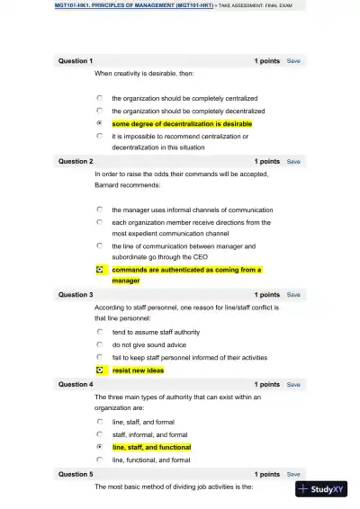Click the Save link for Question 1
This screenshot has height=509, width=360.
pyautogui.click(x=293, y=61)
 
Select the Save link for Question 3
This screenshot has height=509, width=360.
pyautogui.click(x=293, y=295)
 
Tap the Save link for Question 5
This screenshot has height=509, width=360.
pyautogui.click(x=293, y=474)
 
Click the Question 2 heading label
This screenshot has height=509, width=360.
pyautogui.click(x=76, y=162)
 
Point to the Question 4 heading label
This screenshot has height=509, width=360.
pyautogui.click(x=76, y=385)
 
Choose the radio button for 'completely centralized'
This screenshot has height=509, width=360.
pyautogui.click(x=99, y=98)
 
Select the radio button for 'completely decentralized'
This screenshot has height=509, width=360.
pyautogui.click(x=99, y=111)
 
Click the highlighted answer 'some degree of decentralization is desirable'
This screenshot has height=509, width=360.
pyautogui.click(x=182, y=123)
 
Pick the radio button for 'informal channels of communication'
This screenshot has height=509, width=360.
pyautogui.click(x=99, y=210)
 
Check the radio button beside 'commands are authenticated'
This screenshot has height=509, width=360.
pyautogui.click(x=99, y=269)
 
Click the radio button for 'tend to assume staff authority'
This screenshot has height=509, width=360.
pyautogui.click(x=99, y=332)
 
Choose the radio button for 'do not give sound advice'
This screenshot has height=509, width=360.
pyautogui.click(x=99, y=344)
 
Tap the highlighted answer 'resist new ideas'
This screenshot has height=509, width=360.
pyautogui.click(x=138, y=370)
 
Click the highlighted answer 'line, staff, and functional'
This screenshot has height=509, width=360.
pyautogui.click(x=151, y=447)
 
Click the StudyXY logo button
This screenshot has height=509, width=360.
pyautogui.click(x=321, y=489)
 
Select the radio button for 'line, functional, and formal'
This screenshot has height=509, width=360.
pyautogui.click(x=99, y=460)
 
